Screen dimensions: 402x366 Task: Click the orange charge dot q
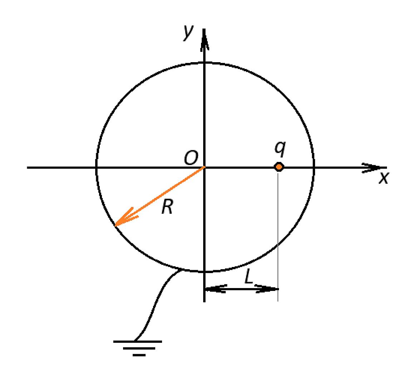279,167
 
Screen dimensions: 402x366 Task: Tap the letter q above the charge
280,149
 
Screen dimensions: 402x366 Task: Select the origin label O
191,157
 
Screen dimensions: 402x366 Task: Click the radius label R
167,207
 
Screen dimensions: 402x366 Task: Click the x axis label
384,178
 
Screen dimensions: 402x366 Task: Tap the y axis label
188,32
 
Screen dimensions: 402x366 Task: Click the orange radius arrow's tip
116,226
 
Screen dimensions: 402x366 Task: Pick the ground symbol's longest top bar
138,341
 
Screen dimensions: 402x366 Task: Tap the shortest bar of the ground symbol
139,355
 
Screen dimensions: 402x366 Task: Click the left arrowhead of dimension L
215,289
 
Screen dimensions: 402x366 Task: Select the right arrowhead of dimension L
267,289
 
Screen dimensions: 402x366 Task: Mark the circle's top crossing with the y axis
204,63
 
